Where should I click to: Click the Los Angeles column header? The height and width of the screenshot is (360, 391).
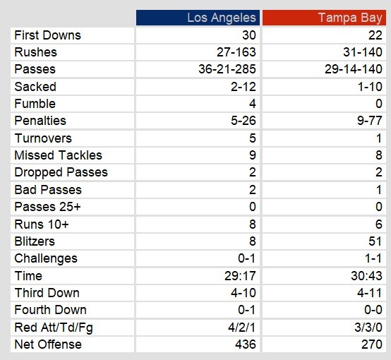pos(222,18)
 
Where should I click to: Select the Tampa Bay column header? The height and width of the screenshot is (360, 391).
pos(350,18)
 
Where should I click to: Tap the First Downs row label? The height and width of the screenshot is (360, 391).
pos(47,35)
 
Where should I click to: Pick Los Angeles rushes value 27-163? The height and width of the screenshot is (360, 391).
pos(236,52)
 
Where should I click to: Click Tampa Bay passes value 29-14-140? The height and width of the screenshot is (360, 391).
pos(354,69)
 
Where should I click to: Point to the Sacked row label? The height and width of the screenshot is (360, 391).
pos(35,87)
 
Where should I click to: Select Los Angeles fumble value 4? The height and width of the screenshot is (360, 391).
pos(253,104)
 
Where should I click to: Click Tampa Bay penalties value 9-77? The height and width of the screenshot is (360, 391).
pos(370,121)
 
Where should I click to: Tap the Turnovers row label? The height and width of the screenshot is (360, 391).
pos(43,138)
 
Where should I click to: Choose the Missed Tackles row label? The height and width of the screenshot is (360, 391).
pos(59,155)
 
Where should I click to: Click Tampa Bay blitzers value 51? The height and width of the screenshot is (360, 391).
pos(375,241)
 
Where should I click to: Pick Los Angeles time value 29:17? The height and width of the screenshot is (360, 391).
pos(240,276)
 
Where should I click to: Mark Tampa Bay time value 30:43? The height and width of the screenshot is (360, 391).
pos(366,276)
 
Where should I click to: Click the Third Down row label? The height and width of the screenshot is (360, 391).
pos(47,293)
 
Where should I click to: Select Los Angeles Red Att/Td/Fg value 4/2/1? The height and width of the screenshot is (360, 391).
pos(242,328)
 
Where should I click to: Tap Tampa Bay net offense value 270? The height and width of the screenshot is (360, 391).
pos(372,344)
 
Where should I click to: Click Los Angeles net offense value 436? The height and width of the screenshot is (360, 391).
pos(246,344)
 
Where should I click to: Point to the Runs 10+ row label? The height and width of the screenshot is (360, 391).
pos(42,224)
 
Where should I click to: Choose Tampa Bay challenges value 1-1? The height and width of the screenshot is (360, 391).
pos(373,258)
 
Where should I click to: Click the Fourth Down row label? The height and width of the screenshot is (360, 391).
pos(50,310)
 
